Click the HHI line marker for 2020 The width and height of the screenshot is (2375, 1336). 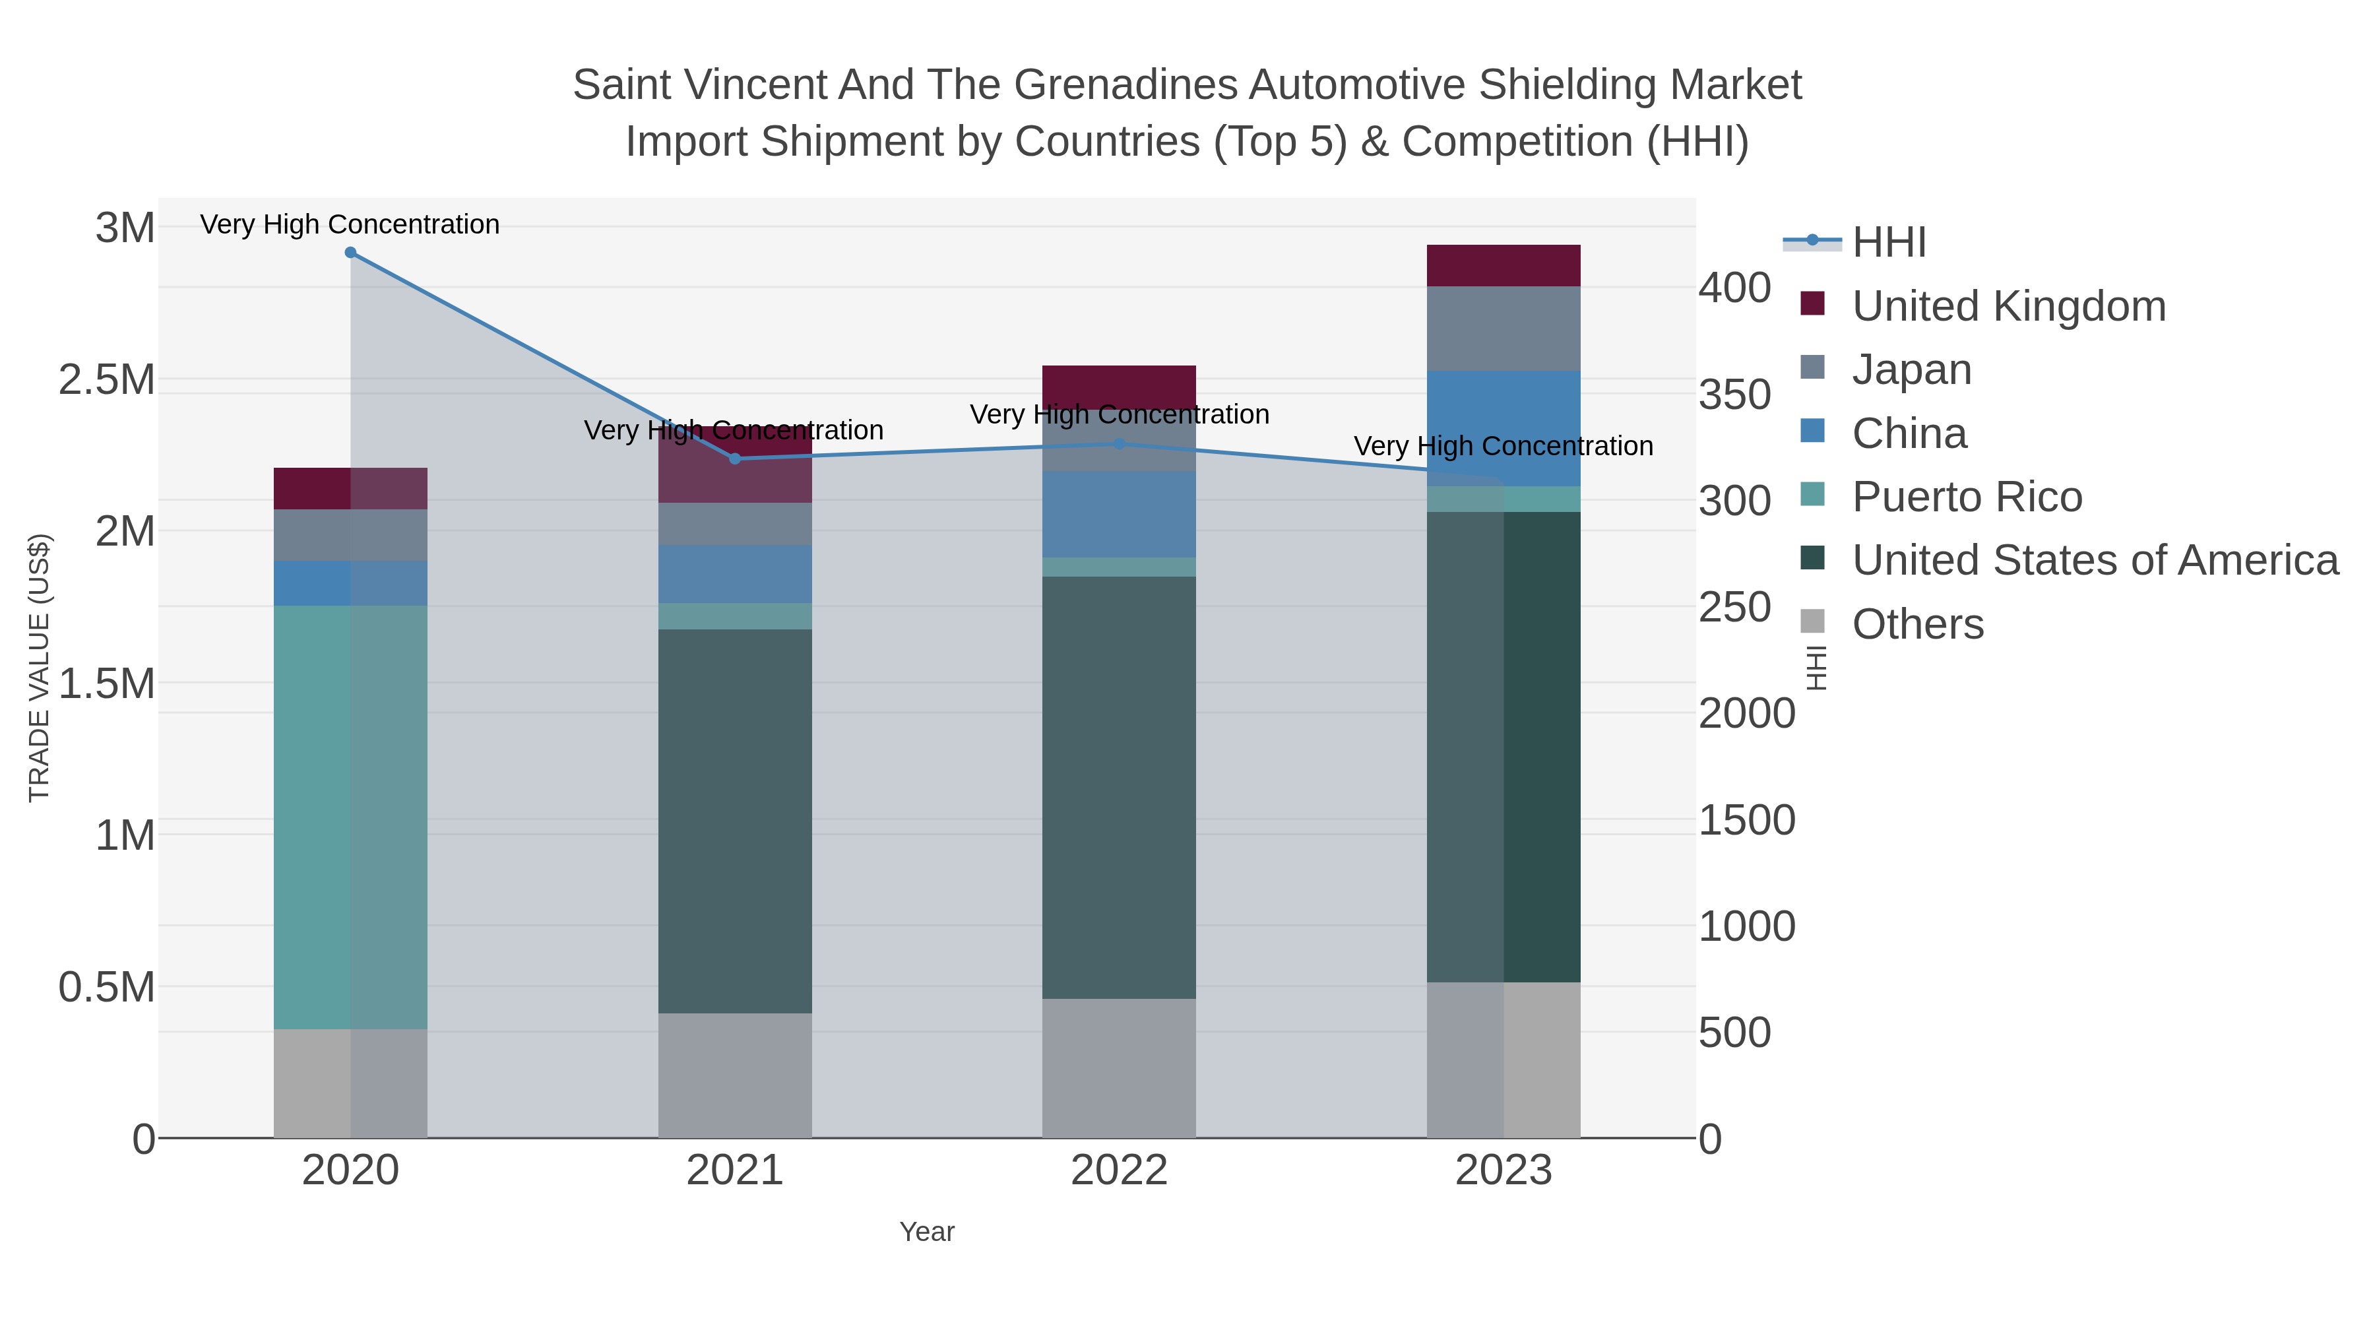click(350, 253)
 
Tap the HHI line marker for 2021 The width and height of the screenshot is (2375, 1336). click(735, 459)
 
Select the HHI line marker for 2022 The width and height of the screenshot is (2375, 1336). click(1120, 443)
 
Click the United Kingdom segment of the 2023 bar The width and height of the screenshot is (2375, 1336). click(1504, 265)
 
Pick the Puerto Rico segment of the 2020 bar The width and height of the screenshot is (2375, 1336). click(350, 817)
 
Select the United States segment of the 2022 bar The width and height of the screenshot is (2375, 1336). click(1120, 787)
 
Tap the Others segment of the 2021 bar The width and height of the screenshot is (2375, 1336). click(735, 1075)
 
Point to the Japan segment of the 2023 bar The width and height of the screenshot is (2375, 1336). click(1504, 329)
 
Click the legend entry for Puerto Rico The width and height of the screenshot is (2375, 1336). click(1967, 497)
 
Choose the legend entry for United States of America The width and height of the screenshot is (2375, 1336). click(2095, 561)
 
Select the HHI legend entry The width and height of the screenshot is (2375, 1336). click(1888, 243)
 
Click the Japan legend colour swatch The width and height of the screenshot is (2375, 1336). click(1813, 367)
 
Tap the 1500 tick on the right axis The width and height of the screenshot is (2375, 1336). click(1746, 819)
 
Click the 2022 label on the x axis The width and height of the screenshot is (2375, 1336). click(1120, 1171)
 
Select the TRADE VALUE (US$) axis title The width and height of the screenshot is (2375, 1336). click(39, 668)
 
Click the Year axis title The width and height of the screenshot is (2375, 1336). click(927, 1232)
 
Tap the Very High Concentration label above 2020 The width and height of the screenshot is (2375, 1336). click(350, 224)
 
